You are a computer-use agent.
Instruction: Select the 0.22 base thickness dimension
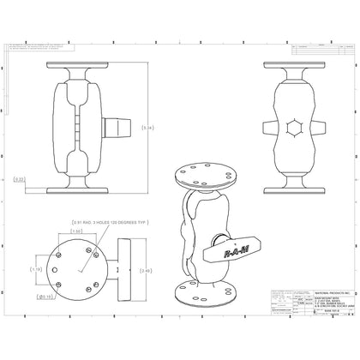coord(19,179)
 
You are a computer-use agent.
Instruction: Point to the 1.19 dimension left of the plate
coord(36,269)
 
